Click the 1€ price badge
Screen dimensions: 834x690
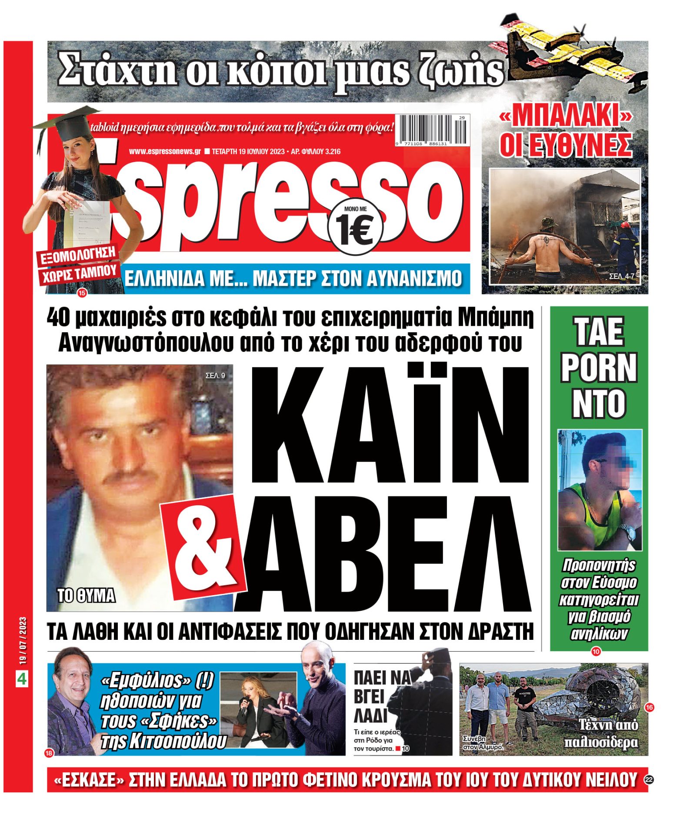[355, 228]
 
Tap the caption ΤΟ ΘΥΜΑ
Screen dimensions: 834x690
[86, 595]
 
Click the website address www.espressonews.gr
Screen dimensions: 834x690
[165, 152]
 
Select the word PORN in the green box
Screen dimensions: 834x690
[599, 367]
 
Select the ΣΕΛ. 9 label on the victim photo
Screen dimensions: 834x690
[215, 375]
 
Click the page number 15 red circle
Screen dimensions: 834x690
[82, 293]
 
